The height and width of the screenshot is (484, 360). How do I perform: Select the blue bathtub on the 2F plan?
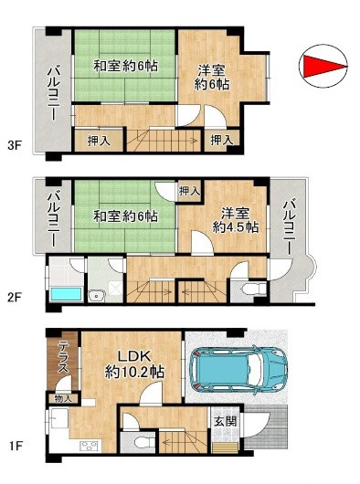click(66, 294)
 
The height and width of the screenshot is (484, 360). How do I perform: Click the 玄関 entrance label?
click(225, 421)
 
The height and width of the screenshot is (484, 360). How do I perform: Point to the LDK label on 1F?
click(135, 356)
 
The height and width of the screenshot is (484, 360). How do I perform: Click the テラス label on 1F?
click(63, 357)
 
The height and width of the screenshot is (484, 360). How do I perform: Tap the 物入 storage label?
click(63, 398)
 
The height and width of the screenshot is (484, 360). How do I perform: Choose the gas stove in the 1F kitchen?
click(89, 446)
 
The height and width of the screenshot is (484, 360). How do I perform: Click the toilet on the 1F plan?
click(144, 442)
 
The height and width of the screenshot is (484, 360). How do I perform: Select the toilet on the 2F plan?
click(254, 289)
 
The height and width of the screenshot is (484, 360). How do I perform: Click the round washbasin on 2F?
click(97, 297)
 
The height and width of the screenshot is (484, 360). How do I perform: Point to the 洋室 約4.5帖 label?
click(236, 220)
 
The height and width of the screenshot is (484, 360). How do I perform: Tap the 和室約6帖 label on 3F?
click(125, 66)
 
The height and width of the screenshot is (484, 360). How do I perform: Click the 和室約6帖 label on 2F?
click(125, 216)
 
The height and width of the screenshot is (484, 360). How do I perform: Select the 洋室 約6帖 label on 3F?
click(212, 78)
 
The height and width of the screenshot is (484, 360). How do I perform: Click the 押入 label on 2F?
click(189, 191)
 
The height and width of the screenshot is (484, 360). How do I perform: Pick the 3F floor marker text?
click(15, 145)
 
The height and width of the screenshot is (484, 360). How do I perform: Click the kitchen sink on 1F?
click(59, 418)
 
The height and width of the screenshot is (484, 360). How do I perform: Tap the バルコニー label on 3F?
click(54, 94)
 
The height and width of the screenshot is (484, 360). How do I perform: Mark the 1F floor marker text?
click(15, 446)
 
